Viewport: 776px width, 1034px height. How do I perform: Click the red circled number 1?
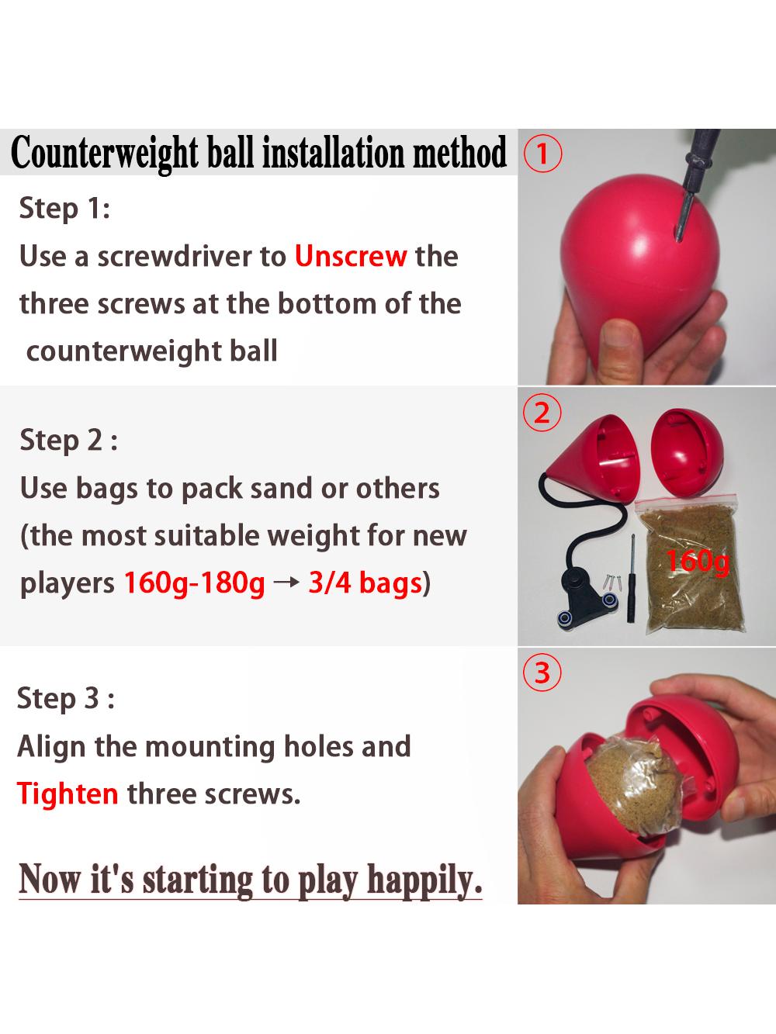click(542, 154)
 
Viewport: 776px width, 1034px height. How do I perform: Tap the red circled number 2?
click(542, 413)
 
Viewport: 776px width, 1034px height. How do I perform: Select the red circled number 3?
click(542, 673)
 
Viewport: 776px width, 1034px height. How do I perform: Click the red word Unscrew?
click(351, 256)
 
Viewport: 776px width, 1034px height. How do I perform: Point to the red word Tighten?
click(68, 794)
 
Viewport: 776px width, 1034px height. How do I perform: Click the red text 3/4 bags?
click(365, 583)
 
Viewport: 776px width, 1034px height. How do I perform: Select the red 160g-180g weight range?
click(194, 583)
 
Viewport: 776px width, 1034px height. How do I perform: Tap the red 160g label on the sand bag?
click(698, 561)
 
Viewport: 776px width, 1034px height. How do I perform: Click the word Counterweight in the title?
click(104, 153)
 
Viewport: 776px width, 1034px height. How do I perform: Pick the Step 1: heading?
click(64, 209)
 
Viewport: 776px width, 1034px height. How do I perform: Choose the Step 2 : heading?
click(69, 441)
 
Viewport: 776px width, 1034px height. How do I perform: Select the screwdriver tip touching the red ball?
click(678, 238)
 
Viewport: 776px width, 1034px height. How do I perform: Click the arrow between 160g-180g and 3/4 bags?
click(286, 583)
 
